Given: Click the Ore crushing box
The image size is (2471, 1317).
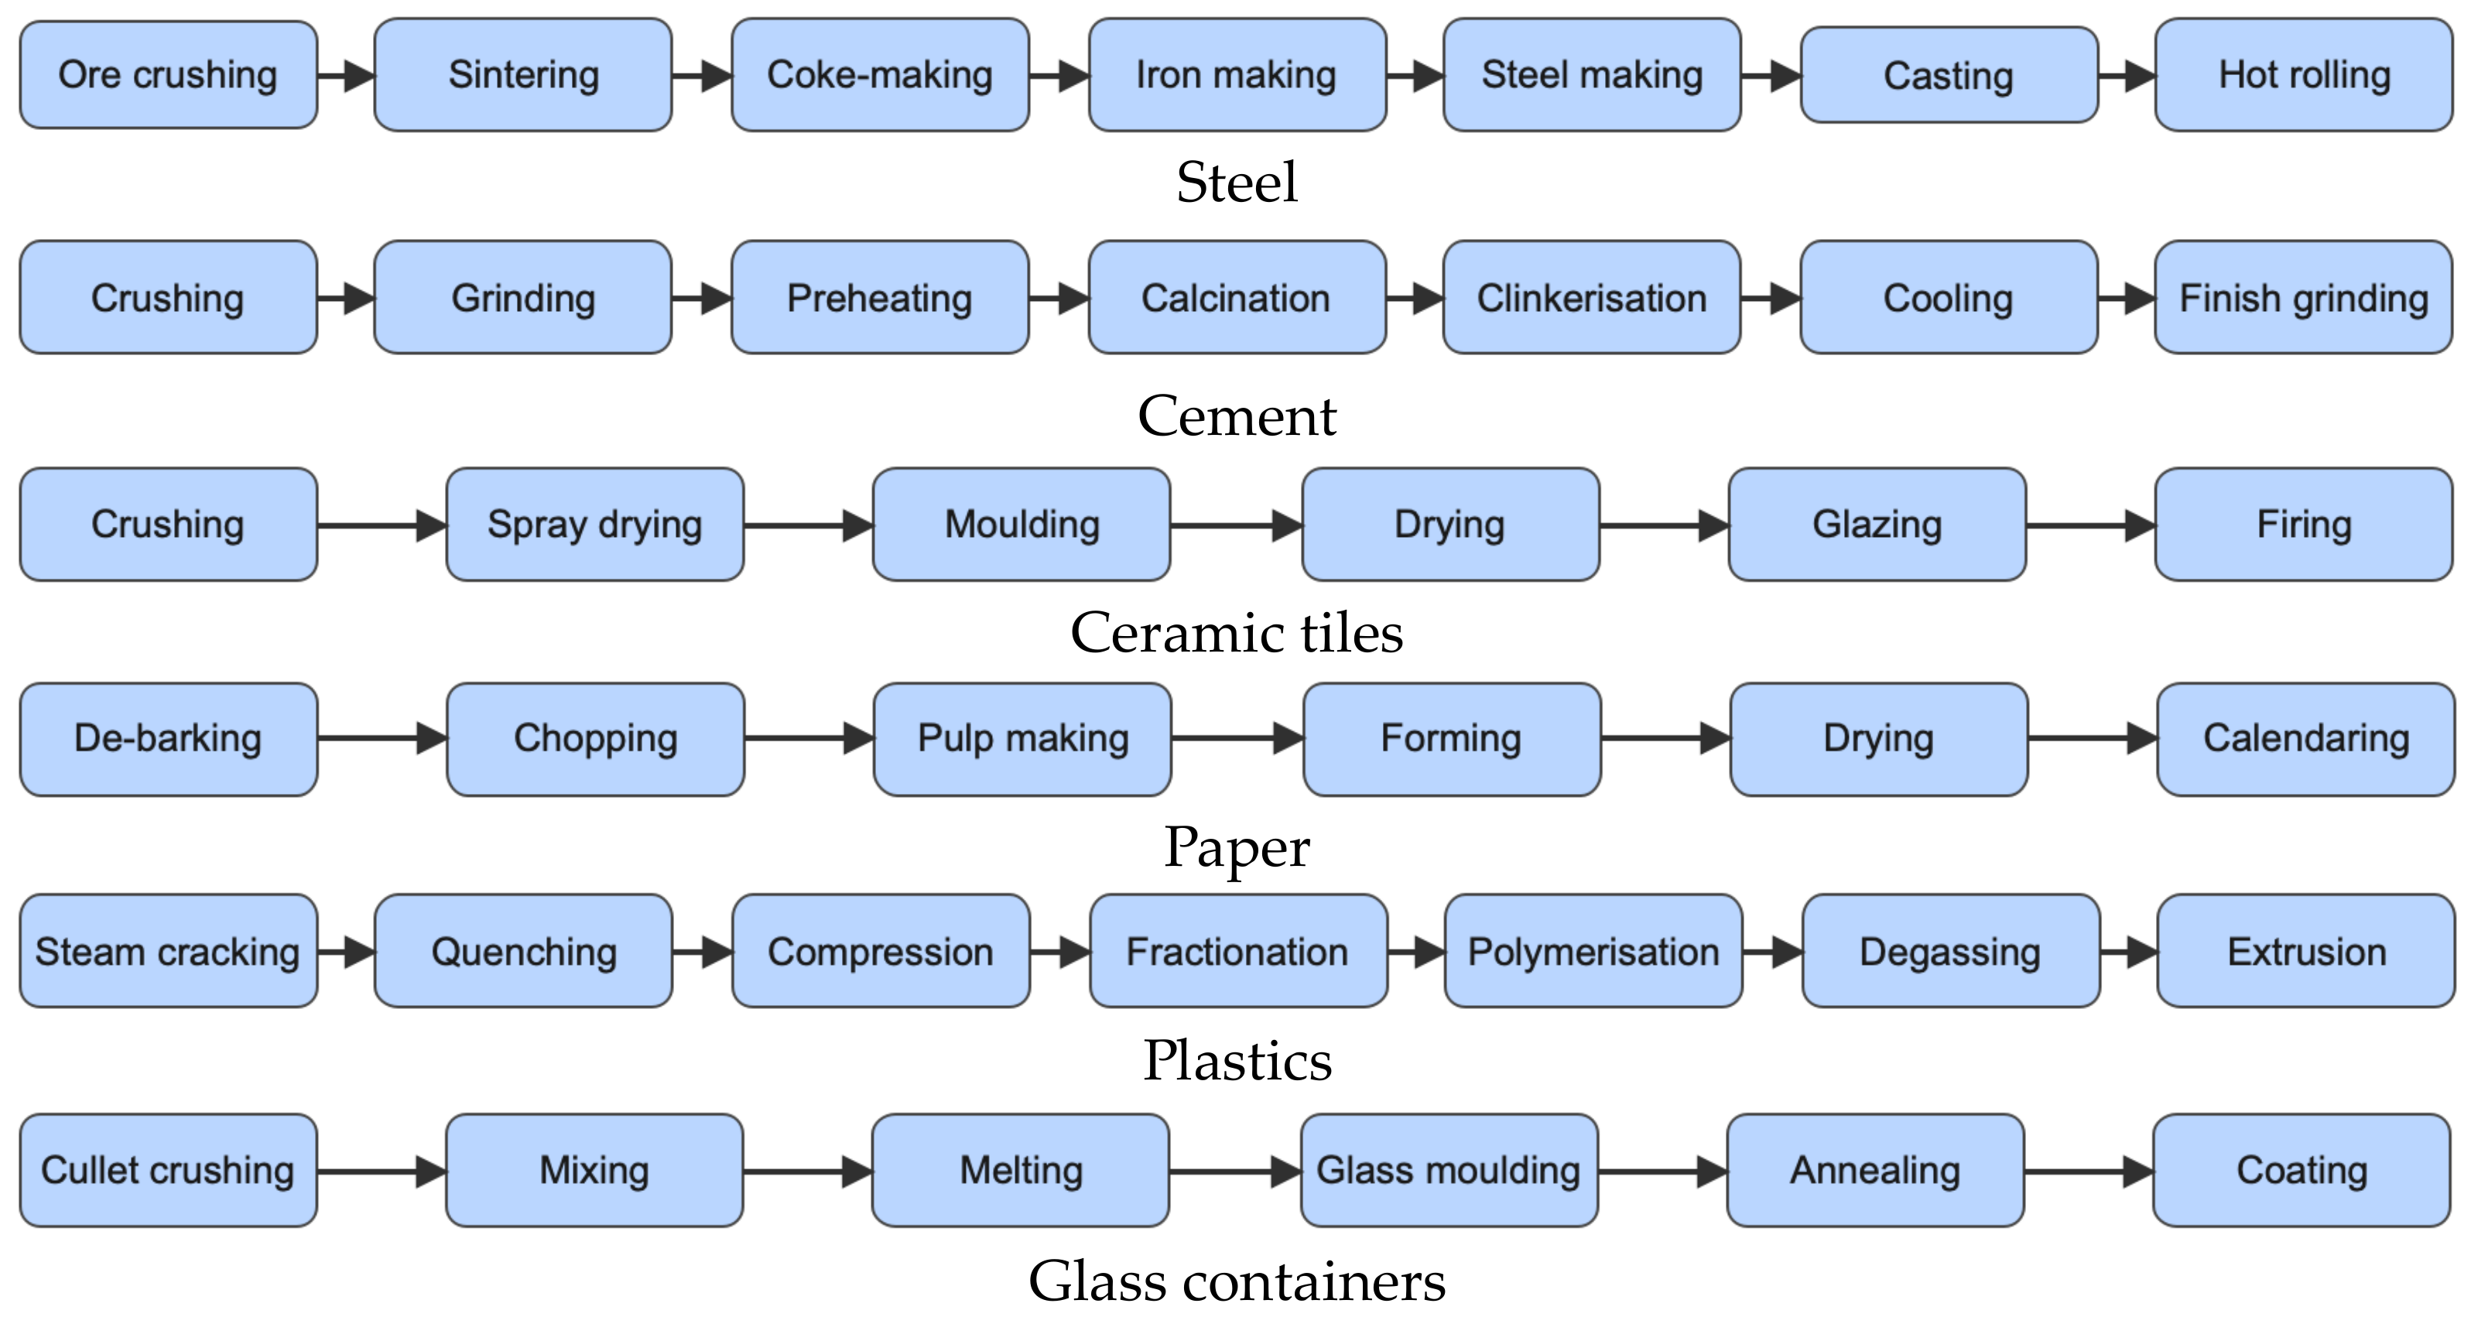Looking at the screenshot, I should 168,75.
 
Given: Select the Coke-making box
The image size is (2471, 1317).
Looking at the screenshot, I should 880,75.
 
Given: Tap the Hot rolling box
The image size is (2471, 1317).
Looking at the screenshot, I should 2304,75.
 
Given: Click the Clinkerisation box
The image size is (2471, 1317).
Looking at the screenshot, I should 1591,297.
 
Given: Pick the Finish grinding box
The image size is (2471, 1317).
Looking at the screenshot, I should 2304,297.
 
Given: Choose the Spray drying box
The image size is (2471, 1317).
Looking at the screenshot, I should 595,525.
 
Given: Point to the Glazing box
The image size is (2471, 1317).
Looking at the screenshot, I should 1877,525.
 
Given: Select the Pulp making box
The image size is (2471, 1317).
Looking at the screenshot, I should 1022,739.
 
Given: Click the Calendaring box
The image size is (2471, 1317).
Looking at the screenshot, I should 2306,739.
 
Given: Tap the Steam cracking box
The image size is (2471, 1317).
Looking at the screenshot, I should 168,952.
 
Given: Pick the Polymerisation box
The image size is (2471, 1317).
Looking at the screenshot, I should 1593,952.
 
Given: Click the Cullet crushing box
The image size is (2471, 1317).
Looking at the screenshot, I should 168,1170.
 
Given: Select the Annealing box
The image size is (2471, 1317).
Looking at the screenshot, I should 1875,1170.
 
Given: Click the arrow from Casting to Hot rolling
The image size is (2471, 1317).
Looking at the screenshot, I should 2127,76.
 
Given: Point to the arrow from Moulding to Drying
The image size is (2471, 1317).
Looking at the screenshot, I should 1235,525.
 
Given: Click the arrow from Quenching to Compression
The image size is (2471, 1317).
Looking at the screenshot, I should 702,953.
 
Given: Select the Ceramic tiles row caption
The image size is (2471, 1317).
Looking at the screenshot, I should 1237,633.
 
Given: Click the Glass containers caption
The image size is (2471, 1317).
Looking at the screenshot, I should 1237,1281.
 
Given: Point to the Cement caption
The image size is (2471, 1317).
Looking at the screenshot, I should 1237,416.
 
